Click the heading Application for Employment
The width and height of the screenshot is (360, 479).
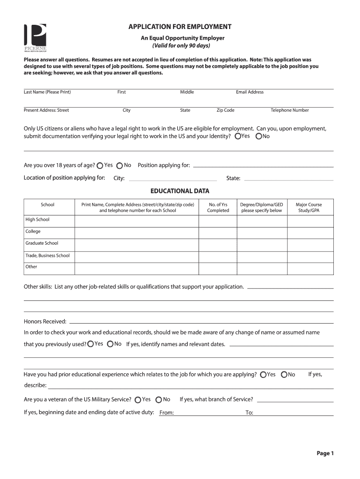180,27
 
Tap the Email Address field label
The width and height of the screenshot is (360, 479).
250,92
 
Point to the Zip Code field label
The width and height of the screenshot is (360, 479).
225,110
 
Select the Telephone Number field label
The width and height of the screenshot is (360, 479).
289,110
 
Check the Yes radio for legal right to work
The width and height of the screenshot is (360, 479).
238,137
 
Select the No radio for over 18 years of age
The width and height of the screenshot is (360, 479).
120,166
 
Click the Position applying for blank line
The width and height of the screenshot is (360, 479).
263,166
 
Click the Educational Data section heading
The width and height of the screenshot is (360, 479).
180,191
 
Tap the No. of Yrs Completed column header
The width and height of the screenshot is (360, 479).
218,207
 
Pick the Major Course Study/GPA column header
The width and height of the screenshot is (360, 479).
309,207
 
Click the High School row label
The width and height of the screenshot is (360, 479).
37,220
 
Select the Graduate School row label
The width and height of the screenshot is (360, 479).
42,243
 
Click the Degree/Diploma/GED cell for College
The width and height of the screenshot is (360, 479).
261,232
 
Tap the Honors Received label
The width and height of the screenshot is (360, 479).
45,322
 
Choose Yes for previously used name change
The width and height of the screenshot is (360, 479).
90,344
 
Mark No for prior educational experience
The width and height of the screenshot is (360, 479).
284,375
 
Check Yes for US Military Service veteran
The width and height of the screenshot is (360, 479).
137,400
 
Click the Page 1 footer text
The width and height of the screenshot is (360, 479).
325,453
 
